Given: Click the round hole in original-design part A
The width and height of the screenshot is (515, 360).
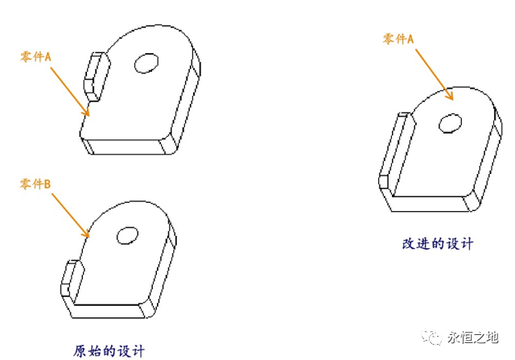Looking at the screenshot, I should (x=146, y=64).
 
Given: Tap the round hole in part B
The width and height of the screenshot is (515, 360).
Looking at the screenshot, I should (x=127, y=236).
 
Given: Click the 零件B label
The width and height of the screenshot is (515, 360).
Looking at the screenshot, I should (x=36, y=184).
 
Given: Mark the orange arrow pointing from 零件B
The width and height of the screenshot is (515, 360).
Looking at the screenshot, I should (x=70, y=214).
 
